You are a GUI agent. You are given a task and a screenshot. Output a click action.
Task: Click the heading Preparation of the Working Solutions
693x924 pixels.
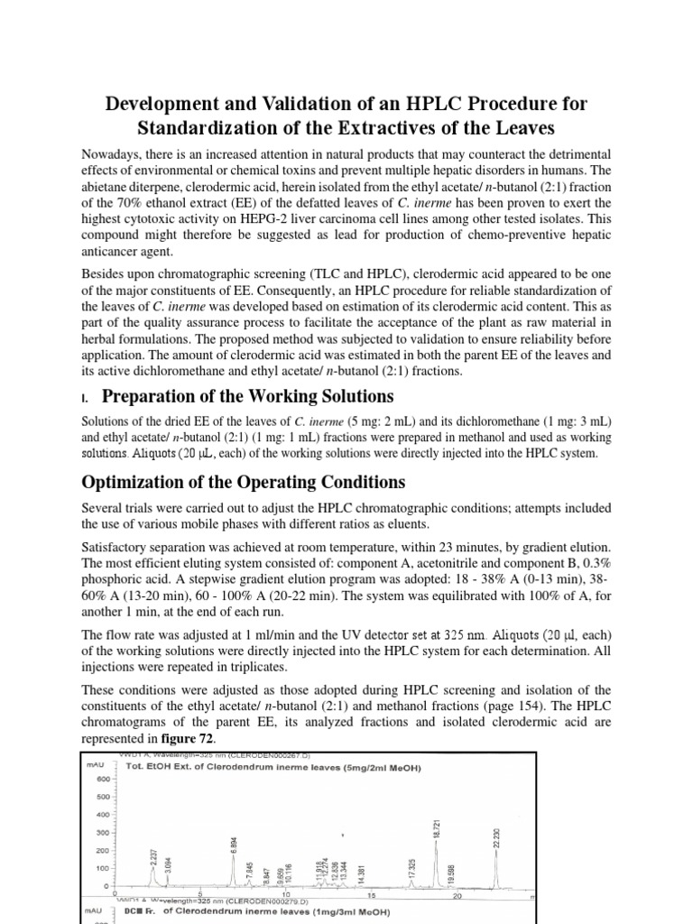247,396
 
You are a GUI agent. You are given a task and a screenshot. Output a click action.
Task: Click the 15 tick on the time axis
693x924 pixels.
372,896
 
